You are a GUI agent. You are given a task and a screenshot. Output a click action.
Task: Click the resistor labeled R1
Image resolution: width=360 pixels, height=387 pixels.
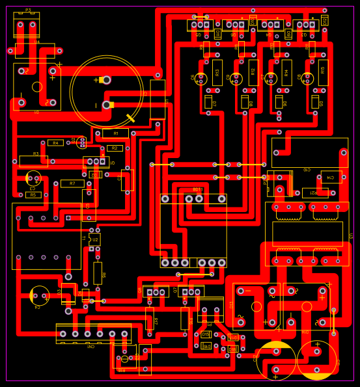coord(115,133)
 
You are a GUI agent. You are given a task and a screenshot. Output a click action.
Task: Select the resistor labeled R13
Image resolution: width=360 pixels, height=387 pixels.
coord(217,72)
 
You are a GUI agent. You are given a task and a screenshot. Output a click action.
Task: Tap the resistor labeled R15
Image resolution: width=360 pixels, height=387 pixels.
coord(323,72)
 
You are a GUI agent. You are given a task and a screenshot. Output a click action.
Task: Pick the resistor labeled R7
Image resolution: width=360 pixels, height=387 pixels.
coord(72,183)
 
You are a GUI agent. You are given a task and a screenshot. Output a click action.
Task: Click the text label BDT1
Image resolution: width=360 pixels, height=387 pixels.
coord(198,190)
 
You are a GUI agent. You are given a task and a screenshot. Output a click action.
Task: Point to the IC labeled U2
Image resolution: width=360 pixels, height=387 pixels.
coord(95,240)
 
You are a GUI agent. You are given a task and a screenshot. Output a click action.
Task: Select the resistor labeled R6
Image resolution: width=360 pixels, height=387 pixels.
coord(98,273)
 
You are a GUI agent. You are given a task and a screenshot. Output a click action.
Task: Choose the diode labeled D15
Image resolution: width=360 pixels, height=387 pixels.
coord(206,334)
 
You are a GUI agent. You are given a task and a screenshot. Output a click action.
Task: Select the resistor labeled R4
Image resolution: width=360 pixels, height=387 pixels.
coord(55,142)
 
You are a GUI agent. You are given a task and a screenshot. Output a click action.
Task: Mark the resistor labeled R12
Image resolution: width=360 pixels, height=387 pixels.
coord(253,72)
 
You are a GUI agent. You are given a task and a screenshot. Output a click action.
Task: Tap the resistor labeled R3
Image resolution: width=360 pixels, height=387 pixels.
coord(33,161)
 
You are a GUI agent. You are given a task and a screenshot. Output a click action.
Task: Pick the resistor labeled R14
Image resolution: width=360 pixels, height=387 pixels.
coord(288,72)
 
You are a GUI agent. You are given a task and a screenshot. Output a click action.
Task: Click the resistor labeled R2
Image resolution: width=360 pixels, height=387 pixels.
coord(115,148)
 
